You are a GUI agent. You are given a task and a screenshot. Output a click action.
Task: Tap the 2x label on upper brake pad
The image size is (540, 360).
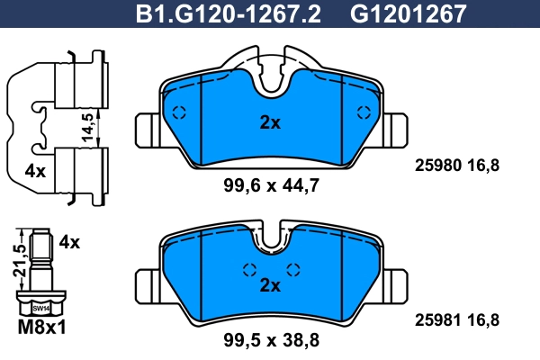(269, 123)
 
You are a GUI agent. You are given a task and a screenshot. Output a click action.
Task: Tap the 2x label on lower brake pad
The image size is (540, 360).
(269, 285)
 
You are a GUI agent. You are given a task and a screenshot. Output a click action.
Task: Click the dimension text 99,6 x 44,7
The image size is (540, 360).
(271, 186)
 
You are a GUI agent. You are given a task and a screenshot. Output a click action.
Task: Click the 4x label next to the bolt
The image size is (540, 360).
(69, 242)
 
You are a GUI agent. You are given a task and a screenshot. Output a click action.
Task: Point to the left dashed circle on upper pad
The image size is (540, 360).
(177, 112)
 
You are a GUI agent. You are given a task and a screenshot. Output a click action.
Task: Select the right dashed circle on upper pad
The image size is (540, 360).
(364, 112)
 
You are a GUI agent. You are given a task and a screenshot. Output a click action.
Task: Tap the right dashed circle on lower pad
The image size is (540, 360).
(292, 269)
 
